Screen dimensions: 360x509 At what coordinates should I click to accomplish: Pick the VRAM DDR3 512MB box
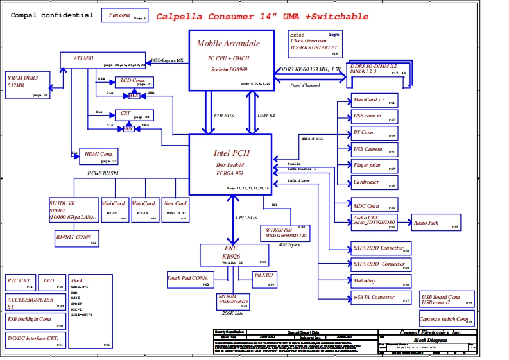coord(28,85)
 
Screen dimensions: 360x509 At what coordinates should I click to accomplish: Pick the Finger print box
coord(374,166)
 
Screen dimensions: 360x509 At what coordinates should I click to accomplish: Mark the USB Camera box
coord(374,150)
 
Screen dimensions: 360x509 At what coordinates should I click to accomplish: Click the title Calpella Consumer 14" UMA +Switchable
coord(263,17)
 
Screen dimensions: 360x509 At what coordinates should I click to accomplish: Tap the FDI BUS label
coord(224,116)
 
